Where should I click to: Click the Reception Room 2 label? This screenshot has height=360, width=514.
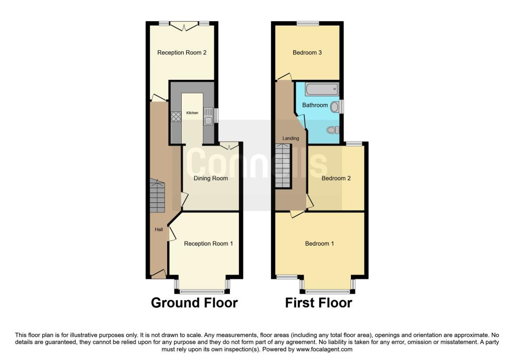182,53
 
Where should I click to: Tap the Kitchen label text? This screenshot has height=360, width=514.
192,113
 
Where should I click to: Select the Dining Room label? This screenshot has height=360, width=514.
211,178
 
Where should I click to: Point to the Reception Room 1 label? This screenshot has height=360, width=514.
208,244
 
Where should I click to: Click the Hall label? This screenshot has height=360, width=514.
159,229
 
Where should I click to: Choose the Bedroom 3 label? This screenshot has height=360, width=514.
307,52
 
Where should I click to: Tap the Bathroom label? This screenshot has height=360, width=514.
315,105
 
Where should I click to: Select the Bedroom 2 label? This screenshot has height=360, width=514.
336,178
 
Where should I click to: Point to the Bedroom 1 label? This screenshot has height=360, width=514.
320,244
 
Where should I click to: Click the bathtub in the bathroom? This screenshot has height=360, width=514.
321,90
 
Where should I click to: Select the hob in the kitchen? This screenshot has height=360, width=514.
176,116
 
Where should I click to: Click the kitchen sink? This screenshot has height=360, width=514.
208,116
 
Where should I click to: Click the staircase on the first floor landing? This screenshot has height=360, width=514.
283,165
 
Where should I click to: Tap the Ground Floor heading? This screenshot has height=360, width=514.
194,303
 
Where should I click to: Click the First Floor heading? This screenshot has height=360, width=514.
319,303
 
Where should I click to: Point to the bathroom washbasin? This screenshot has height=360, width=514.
335,106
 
